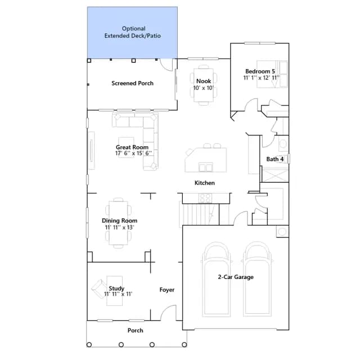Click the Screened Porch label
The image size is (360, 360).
pos(133,83)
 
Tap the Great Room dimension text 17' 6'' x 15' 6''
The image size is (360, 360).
pos(133,153)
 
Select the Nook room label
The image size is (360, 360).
pos(204,81)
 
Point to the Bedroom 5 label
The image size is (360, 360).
pos(260,71)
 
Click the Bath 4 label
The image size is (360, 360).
pos(275,159)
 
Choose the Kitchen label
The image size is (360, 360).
pos(205,183)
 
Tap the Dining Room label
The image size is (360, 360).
pos(120,220)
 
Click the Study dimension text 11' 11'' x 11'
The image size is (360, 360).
pos(118,294)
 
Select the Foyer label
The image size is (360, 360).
pos(167,290)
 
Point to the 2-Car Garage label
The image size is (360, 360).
pos(236,277)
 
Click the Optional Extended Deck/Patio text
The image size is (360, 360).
pos(133,32)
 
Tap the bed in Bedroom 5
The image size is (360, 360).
pos(272,74)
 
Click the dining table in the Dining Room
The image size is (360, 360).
pos(119,223)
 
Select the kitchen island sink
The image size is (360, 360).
pos(206,167)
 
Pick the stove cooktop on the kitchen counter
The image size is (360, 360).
pos(205,199)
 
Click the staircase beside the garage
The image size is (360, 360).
pos(199,214)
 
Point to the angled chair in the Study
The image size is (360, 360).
pos(100,289)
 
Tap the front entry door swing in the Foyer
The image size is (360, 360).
pos(168,313)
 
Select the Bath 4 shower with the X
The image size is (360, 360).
pos(275,175)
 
